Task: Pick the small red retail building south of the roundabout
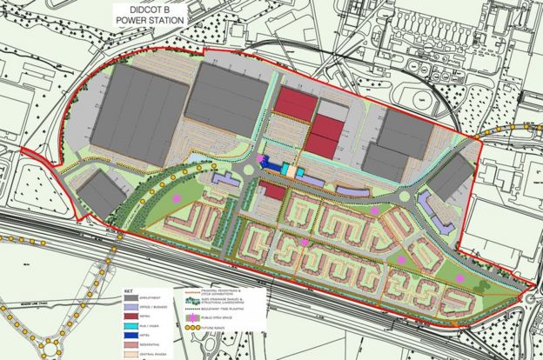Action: [272, 190]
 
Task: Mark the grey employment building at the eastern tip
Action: [452, 181]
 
